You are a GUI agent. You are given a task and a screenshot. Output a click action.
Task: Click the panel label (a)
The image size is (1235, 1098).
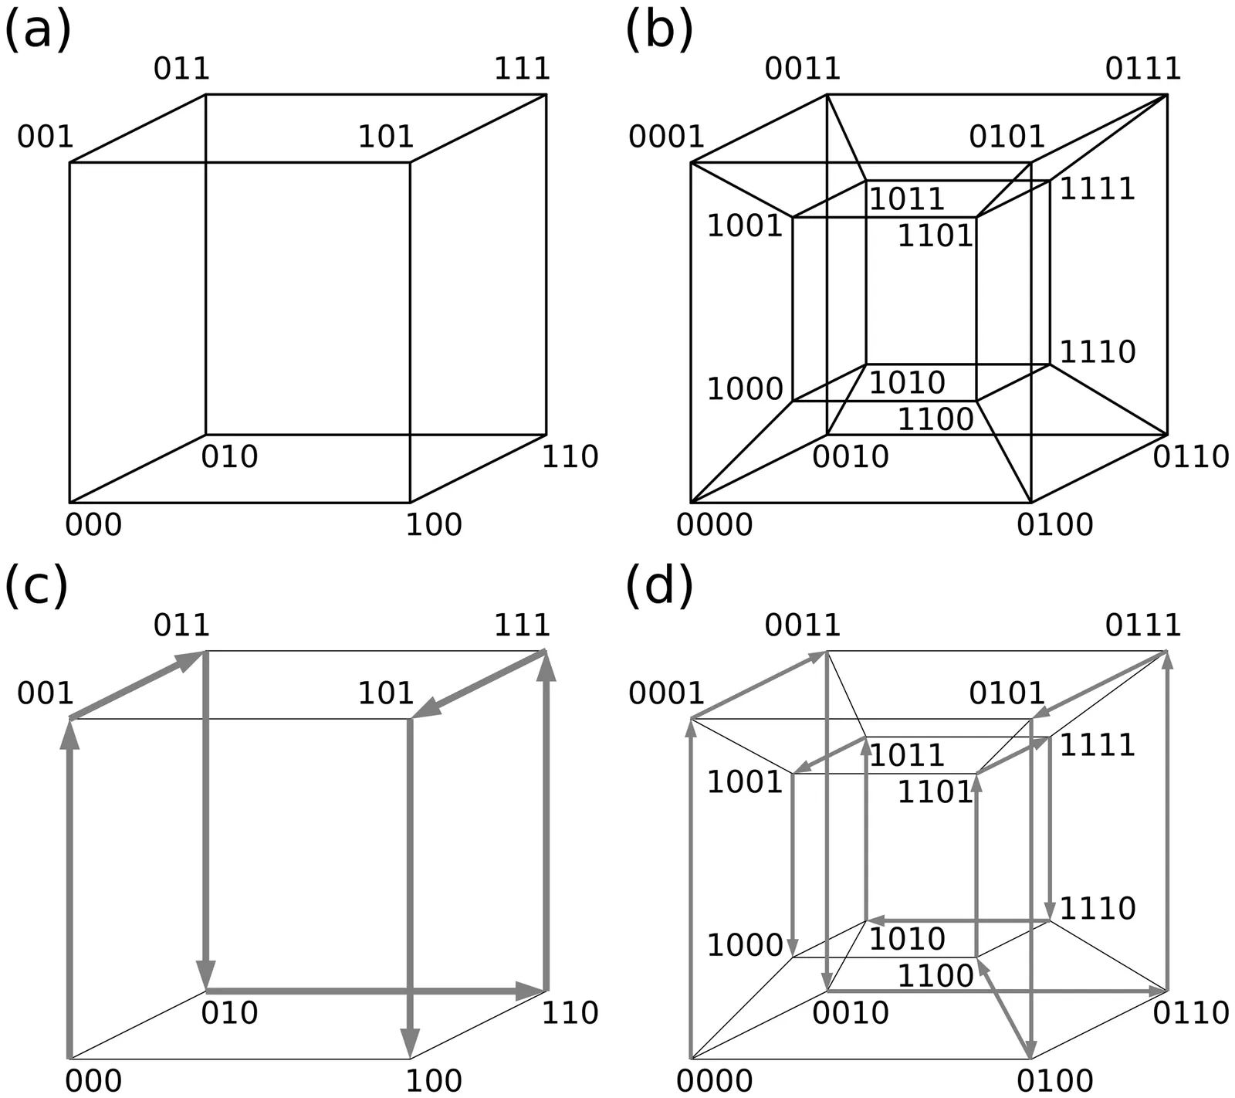(37, 32)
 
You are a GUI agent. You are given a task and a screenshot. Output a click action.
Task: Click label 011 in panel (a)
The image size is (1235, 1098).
(181, 69)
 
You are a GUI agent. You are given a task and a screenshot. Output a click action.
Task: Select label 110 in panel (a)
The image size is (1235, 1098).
(570, 457)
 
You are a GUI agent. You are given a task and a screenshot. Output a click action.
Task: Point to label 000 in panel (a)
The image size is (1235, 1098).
(93, 525)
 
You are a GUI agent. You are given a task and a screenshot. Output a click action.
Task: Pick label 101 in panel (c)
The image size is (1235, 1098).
(385, 693)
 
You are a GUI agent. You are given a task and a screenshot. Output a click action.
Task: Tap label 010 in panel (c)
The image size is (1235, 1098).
(229, 1013)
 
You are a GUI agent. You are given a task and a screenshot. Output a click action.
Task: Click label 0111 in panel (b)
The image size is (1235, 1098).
(1142, 69)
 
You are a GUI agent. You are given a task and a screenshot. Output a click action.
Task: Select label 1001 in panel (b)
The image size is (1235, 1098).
(745, 226)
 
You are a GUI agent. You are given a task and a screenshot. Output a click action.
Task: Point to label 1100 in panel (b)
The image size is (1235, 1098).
(935, 420)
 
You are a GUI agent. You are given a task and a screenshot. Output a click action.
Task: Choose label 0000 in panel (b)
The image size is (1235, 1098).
(714, 525)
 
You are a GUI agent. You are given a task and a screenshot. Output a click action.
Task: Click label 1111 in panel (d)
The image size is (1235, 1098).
(1097, 745)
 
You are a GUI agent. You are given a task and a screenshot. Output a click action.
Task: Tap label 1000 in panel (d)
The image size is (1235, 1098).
(745, 945)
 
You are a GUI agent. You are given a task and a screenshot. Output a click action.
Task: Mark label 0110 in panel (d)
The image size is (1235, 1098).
(1190, 1013)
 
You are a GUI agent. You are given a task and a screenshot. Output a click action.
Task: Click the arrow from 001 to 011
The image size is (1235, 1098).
(137, 686)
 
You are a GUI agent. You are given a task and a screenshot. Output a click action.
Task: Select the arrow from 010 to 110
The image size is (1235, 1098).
(376, 990)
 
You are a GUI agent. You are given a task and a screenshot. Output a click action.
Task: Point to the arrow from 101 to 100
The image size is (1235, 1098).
(410, 888)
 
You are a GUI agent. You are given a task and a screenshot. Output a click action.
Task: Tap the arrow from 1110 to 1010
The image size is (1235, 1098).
(957, 921)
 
